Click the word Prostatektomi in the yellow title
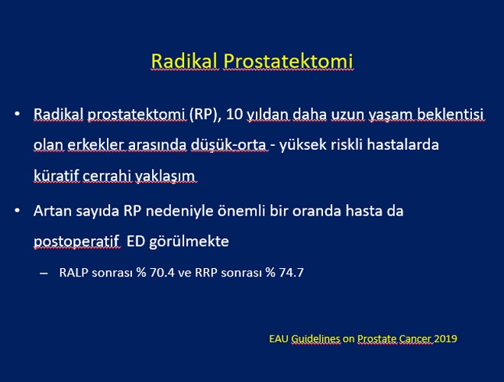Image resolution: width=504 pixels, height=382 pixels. click(288, 61)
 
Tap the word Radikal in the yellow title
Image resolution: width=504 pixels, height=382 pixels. click(185, 61)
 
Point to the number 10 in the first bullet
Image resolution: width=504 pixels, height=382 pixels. click(234, 114)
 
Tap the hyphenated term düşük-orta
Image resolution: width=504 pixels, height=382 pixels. click(228, 145)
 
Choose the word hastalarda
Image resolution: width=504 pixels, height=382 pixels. click(402, 144)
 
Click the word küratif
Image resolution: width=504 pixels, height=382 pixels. click(57, 176)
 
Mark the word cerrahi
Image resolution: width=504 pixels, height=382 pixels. click(107, 176)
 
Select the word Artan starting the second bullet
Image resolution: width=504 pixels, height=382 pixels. click(53, 211)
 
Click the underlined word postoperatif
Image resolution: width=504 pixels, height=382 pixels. click(76, 241)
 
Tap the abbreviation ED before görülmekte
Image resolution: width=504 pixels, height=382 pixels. click(136, 241)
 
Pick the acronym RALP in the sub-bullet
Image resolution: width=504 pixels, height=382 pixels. click(73, 273)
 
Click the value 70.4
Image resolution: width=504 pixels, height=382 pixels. click(162, 273)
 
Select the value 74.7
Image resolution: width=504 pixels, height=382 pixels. click(291, 273)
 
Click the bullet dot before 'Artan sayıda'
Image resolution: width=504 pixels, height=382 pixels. click(18, 211)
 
